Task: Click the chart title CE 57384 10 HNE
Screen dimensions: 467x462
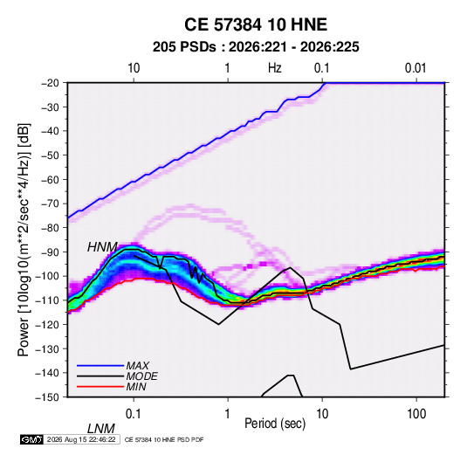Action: tap(256, 24)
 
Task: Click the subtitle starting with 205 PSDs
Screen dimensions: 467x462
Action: tap(256, 47)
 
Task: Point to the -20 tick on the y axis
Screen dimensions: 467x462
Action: tap(50, 83)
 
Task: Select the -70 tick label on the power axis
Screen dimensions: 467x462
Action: tap(50, 203)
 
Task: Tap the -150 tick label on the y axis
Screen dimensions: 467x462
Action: tap(48, 397)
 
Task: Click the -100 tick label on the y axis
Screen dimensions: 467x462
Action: tap(48, 276)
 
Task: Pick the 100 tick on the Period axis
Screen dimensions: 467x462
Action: tap(416, 414)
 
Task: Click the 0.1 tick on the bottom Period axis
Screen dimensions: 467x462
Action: tap(134, 414)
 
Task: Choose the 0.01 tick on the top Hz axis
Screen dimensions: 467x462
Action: tap(415, 68)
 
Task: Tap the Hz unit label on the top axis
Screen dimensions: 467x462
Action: tap(275, 68)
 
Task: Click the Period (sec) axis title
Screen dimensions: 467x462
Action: tap(275, 424)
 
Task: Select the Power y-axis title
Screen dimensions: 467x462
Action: tap(24, 239)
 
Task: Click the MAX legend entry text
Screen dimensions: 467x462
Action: tap(138, 366)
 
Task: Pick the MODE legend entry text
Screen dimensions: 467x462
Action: tap(141, 376)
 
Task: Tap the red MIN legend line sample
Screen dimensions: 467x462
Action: tap(100, 387)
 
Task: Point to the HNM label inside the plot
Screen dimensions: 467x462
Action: tap(102, 247)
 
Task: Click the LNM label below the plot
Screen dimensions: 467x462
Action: tap(101, 429)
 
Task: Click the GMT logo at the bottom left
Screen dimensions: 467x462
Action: tap(31, 439)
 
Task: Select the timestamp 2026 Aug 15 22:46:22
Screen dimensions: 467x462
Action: tap(81, 439)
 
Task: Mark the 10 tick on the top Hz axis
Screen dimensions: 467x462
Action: tap(134, 68)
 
